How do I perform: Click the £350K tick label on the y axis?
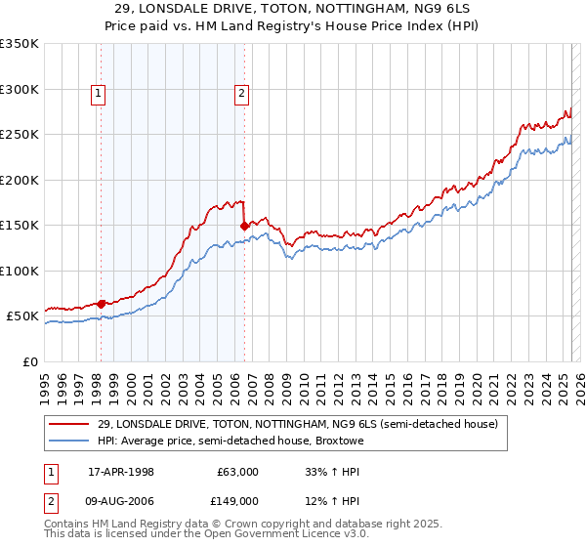(19, 44)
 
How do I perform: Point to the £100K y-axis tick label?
(19, 271)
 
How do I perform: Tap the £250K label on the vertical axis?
(19, 135)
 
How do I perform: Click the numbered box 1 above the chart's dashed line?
(100, 94)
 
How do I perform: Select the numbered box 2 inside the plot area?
(241, 94)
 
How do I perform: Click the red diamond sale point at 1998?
(101, 304)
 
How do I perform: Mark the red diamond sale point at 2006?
(244, 226)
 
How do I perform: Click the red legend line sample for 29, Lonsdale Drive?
(69, 424)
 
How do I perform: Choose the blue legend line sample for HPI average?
(69, 442)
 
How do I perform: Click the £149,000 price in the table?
(237, 501)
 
